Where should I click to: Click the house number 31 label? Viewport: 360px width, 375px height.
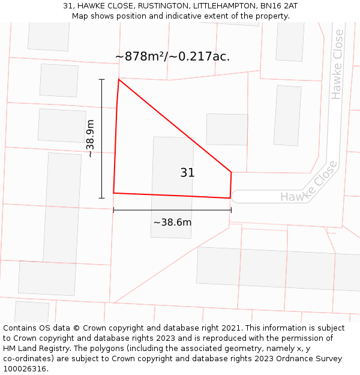(187, 173)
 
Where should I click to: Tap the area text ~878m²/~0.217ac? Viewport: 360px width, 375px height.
(172, 56)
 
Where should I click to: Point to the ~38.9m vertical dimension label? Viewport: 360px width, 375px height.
(90, 139)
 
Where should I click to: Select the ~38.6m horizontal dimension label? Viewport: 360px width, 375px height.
(172, 223)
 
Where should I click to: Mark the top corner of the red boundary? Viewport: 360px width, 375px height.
(119, 79)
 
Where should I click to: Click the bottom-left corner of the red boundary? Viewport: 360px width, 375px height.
(113, 193)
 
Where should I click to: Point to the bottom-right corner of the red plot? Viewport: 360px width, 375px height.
(230, 198)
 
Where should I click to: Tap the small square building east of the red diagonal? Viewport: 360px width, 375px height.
(227, 129)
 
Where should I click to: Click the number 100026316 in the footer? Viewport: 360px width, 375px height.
(25, 369)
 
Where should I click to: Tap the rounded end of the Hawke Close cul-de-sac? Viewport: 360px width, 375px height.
(235, 196)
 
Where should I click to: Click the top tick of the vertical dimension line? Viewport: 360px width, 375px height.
(101, 79)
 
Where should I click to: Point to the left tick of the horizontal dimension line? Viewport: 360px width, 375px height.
(113, 210)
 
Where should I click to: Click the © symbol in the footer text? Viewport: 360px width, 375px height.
(76, 328)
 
